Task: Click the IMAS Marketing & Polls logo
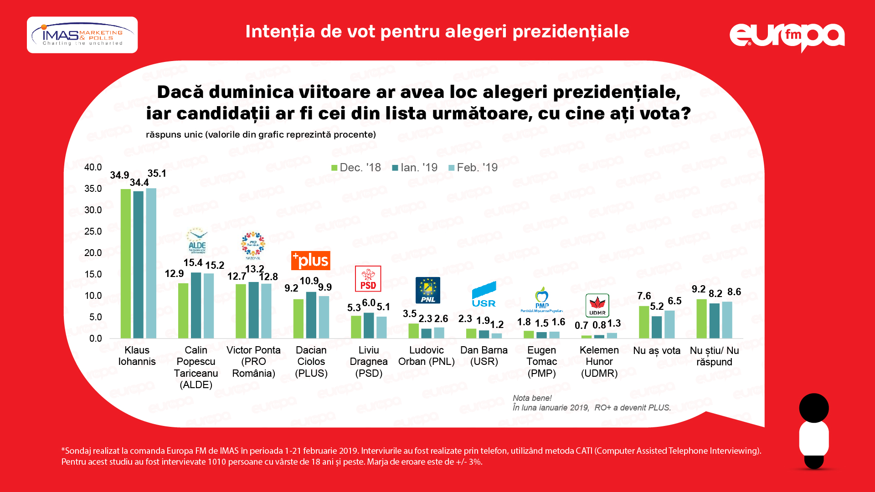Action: click(x=82, y=35)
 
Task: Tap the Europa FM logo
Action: click(x=787, y=36)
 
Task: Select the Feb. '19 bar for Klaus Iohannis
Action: click(x=151, y=263)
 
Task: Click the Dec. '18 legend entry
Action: click(x=356, y=168)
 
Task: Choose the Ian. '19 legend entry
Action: click(x=415, y=168)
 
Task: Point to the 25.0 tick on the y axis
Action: click(x=93, y=231)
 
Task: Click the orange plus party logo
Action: click(x=311, y=261)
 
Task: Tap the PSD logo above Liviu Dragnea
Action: click(x=368, y=279)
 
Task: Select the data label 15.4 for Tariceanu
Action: click(x=193, y=263)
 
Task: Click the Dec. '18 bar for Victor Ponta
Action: click(x=241, y=311)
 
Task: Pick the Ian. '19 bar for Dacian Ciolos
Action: click(x=311, y=315)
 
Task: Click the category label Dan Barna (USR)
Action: click(x=484, y=356)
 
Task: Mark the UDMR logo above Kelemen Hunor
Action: click(x=597, y=306)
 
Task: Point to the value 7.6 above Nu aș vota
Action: click(x=644, y=296)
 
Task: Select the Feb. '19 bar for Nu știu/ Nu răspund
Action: click(x=727, y=320)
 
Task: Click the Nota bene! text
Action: click(x=532, y=398)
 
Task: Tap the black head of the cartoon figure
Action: click(x=813, y=408)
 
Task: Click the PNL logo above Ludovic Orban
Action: click(x=427, y=290)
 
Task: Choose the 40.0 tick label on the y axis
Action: click(x=93, y=167)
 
